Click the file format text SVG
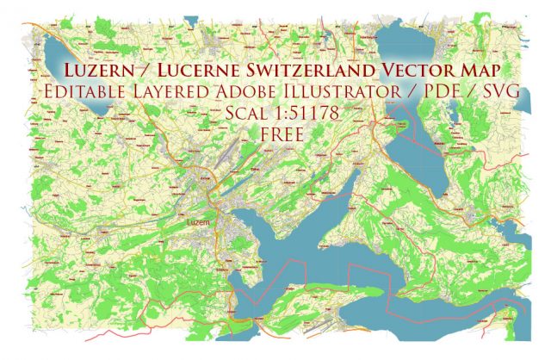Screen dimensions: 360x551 [x=497, y=91]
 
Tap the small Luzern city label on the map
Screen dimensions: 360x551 [x=198, y=224]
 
